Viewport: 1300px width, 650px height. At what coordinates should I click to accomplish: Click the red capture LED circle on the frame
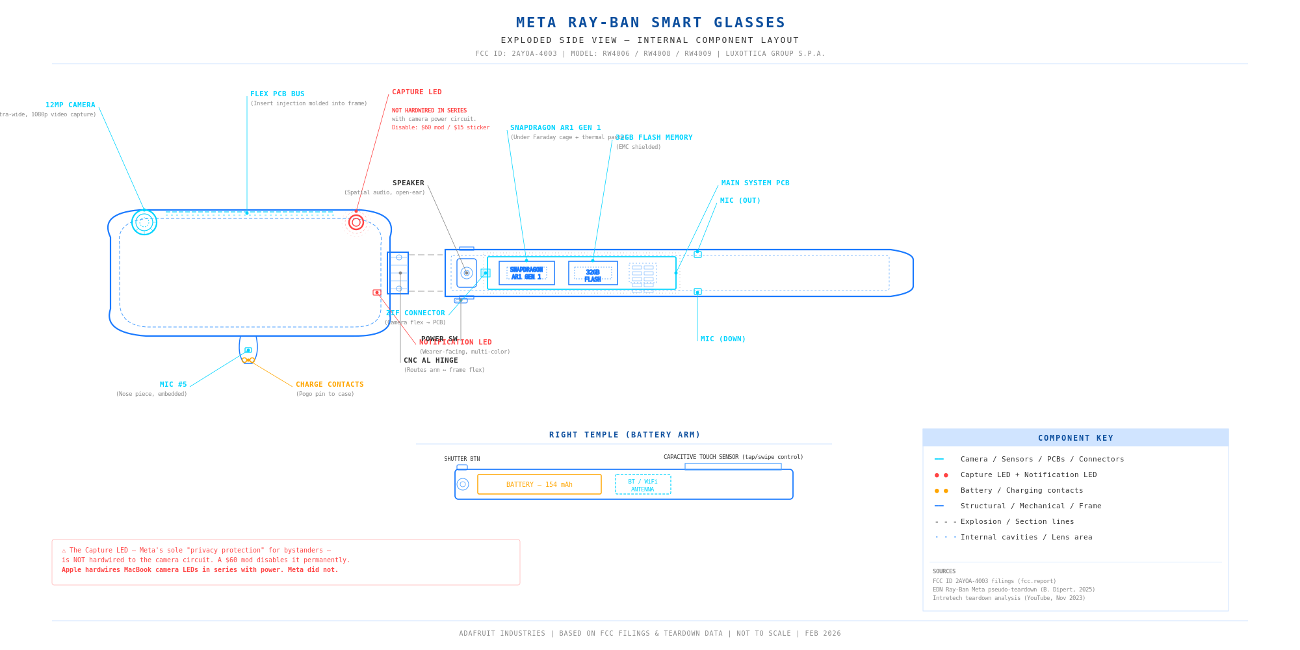(356, 222)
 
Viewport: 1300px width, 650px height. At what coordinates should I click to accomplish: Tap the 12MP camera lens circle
(144, 222)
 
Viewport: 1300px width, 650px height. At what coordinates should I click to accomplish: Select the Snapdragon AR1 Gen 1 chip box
(526, 273)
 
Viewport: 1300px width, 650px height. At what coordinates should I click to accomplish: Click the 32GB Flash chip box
(593, 273)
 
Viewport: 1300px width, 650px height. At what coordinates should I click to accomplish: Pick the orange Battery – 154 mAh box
(539, 484)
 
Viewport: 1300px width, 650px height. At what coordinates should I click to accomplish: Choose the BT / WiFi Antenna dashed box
(643, 485)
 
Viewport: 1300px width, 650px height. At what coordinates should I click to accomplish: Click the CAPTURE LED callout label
(417, 92)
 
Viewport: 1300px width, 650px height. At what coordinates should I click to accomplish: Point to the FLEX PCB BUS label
(278, 94)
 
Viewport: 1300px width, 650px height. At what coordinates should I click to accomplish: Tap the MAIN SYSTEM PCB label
(755, 183)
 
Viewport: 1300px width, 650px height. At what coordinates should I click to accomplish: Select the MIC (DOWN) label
(723, 339)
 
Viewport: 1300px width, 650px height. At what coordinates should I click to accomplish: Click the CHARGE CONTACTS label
(330, 385)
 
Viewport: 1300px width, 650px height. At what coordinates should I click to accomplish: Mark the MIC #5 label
(174, 385)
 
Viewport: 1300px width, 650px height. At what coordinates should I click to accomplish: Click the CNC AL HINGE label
(431, 361)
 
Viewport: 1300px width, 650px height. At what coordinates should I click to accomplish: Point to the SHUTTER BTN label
(462, 459)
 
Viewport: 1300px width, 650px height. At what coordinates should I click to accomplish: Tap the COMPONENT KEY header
(1076, 438)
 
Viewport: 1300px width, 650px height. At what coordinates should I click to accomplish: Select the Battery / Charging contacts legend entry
(1022, 491)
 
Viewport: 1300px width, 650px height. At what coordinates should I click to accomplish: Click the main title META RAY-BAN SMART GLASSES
(651, 23)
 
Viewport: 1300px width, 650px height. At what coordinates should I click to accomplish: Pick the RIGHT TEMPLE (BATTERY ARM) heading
(625, 435)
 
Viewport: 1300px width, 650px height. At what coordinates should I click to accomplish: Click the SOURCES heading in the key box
(944, 571)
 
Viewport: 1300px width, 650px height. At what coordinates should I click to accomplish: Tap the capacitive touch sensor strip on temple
(733, 467)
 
